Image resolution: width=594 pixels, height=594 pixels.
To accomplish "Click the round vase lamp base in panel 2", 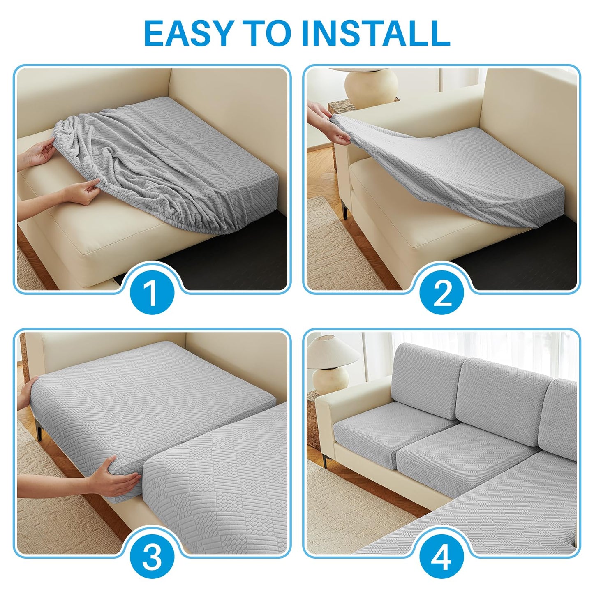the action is click(371, 84).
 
